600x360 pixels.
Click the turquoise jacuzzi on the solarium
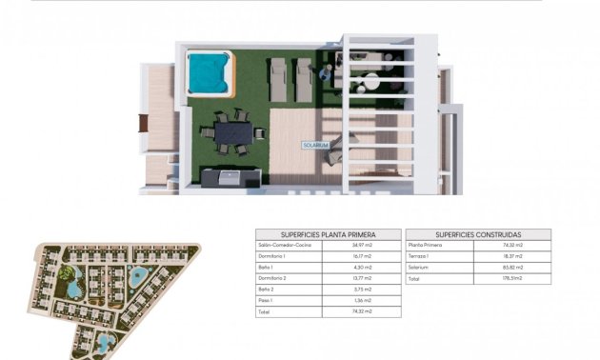click(210, 73)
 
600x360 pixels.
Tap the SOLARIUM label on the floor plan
click(315, 145)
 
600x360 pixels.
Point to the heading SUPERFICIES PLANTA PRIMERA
click(328, 234)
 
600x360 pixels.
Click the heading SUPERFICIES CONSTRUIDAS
click(478, 234)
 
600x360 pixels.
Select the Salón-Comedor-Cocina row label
click(285, 245)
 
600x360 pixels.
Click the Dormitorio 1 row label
click(272, 256)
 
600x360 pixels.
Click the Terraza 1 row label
click(420, 256)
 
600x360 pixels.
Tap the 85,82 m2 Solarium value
click(515, 268)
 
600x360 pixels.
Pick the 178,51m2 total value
click(515, 279)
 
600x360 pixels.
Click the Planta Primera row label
click(425, 245)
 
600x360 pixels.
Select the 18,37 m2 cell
click(515, 256)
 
